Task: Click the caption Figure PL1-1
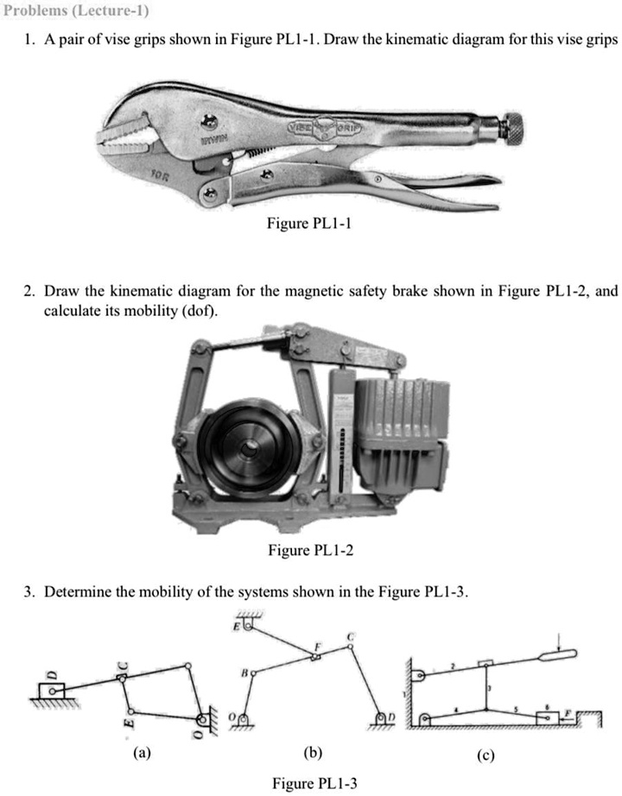coord(310,224)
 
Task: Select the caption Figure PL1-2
coord(312,552)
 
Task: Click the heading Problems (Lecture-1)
coord(75,11)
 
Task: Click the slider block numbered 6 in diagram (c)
coord(549,717)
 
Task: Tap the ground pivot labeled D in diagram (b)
coord(382,718)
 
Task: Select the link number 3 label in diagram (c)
coord(491,687)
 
